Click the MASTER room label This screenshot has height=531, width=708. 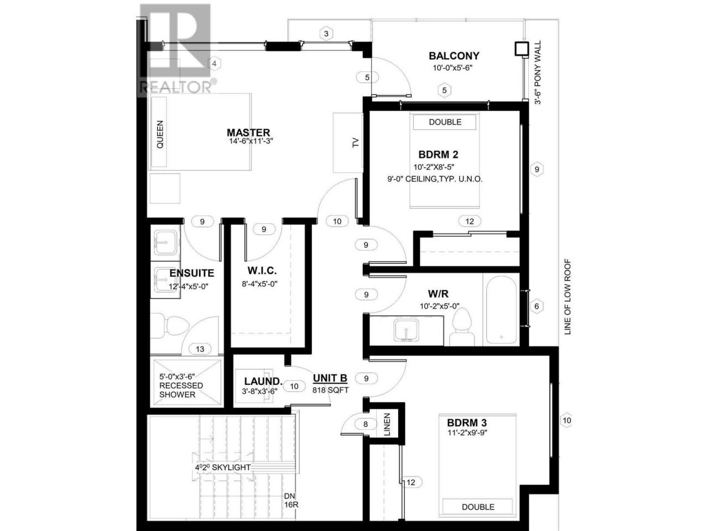[x=248, y=132]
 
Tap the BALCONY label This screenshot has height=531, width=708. [x=454, y=56]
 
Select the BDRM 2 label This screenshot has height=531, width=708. [x=438, y=154]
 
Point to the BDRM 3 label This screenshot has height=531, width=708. [x=467, y=423]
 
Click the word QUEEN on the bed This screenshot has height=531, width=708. [x=160, y=134]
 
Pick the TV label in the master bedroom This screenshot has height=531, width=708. [x=355, y=143]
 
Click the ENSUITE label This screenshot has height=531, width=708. [x=191, y=273]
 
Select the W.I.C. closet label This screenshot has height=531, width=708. [x=262, y=270]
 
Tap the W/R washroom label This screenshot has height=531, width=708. [x=438, y=294]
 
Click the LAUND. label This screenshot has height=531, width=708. [x=263, y=381]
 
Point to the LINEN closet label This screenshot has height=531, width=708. [x=387, y=424]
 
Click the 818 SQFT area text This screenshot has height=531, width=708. [x=330, y=390]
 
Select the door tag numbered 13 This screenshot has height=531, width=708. [x=200, y=349]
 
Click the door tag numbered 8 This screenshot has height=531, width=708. [x=366, y=424]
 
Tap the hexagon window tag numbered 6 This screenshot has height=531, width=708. [x=537, y=306]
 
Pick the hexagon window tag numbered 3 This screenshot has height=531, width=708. [x=326, y=34]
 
